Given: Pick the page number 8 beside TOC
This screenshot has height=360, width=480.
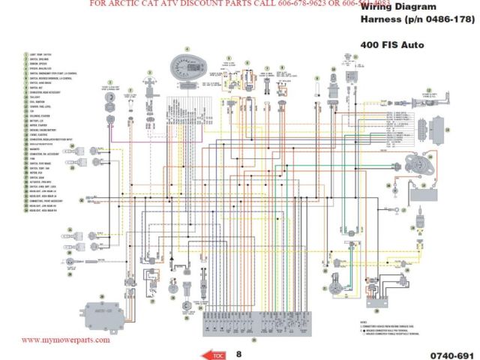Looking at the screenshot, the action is [238, 352].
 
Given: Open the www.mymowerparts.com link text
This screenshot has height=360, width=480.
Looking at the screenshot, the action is [65, 340].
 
